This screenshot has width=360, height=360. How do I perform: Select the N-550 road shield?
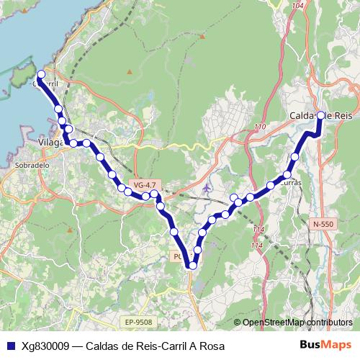(x=323, y=225)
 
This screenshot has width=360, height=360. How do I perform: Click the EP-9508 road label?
(x=138, y=322)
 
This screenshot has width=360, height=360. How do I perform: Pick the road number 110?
(x=260, y=127)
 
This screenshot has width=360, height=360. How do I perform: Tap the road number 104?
(x=299, y=6)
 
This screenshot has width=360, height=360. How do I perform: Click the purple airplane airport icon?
(x=207, y=189)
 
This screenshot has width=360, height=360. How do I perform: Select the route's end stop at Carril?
(x=41, y=74)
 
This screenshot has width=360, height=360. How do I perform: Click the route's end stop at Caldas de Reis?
(x=320, y=115)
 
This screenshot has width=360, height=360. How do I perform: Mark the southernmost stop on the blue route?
(x=192, y=266)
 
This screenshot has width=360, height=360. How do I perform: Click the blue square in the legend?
(x=9, y=346)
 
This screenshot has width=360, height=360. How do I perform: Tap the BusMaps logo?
(x=325, y=346)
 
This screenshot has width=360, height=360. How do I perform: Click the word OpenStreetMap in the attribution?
(x=273, y=322)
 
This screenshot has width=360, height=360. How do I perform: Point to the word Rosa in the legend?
(x=211, y=346)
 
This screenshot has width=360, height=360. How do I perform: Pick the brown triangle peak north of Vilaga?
(x=130, y=71)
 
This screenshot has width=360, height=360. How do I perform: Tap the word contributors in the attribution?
(x=329, y=322)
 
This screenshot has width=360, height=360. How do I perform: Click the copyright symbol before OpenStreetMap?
(x=238, y=322)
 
